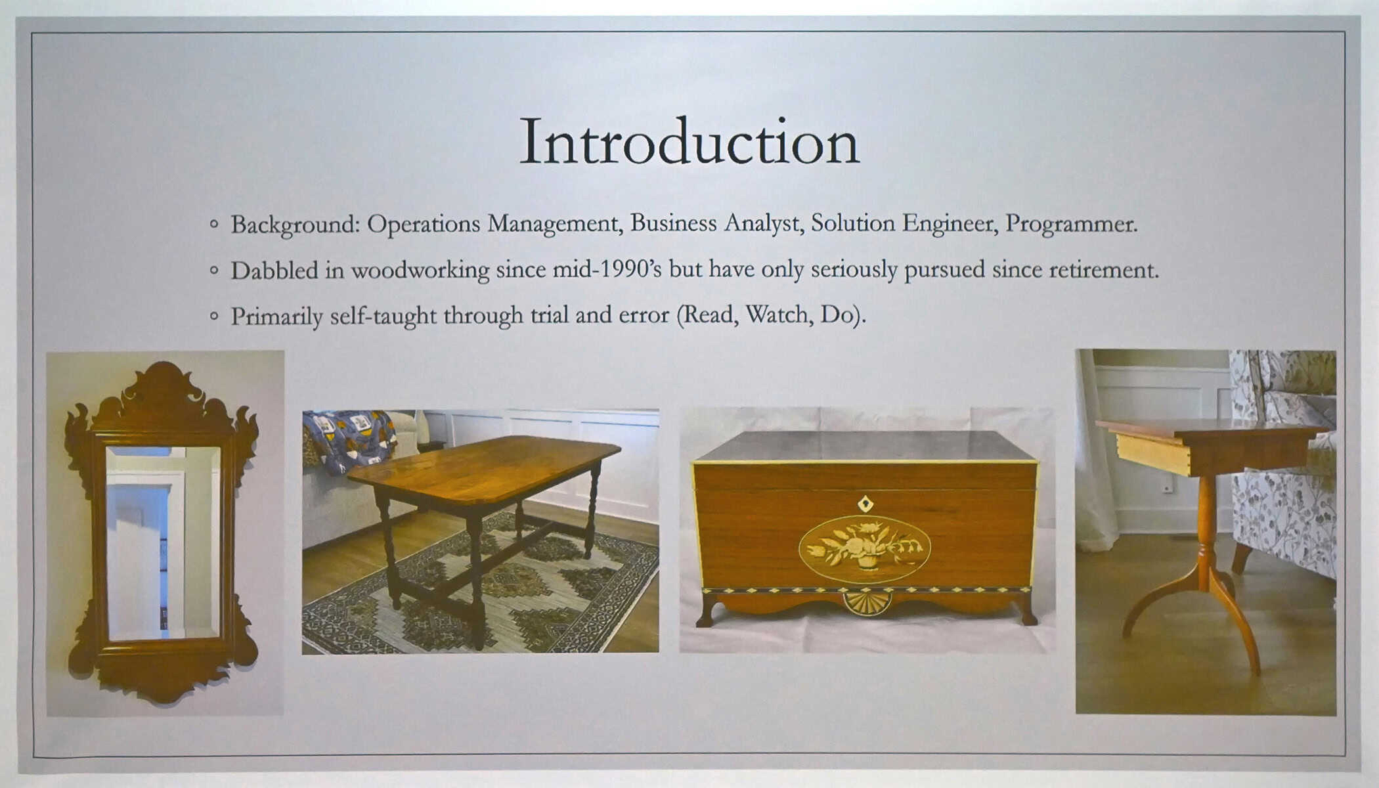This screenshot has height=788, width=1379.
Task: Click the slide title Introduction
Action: coord(689,142)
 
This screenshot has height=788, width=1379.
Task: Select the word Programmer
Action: coord(1071,223)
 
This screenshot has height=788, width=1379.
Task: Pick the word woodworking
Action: coord(420,271)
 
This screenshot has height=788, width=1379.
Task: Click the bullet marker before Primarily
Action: coord(213,316)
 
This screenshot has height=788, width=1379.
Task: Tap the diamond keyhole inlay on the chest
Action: coord(865,504)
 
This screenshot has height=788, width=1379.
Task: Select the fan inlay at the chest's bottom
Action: coord(867,602)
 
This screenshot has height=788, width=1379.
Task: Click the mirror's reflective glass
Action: coord(164,543)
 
